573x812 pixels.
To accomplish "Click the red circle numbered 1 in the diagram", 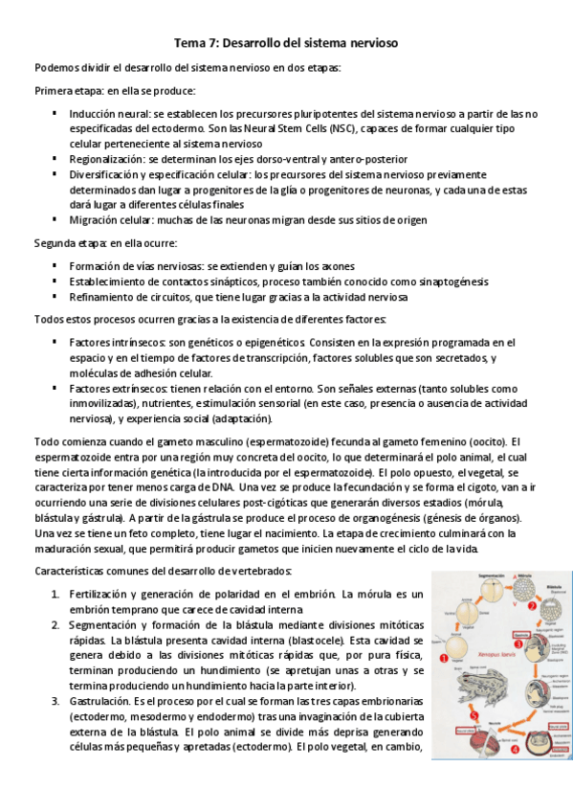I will click(444, 660).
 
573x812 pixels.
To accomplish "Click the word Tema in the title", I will click(190, 44).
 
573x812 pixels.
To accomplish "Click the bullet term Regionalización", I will click(107, 159).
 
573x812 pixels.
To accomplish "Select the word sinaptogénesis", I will click(450, 282).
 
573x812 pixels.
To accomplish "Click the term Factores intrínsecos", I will click(114, 343).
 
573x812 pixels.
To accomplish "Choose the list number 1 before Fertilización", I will click(55, 595).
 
